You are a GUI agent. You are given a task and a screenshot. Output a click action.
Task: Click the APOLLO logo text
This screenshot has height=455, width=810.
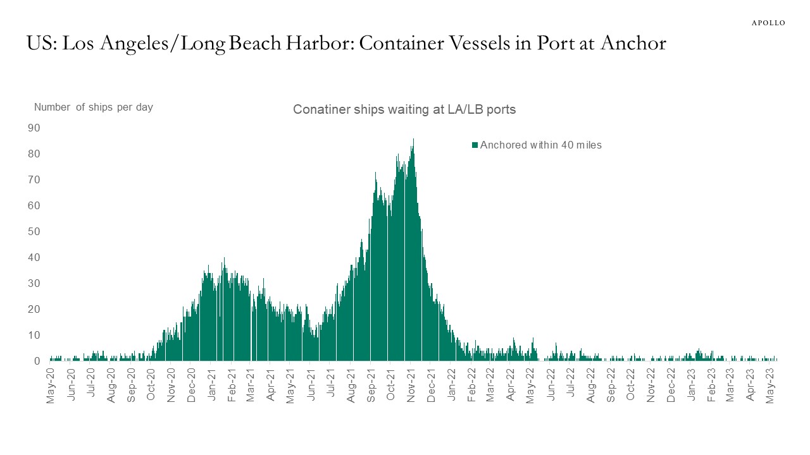(768, 23)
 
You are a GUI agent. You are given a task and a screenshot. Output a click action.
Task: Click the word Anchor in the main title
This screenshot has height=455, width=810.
(633, 43)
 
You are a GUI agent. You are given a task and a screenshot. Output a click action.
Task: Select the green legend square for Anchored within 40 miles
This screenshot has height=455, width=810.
(475, 145)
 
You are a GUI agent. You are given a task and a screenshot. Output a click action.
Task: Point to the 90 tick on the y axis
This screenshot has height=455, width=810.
(34, 128)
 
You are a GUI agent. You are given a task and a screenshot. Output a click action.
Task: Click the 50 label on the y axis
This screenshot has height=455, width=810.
(34, 231)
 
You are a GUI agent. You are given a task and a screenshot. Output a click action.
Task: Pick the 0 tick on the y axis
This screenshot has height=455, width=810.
(37, 361)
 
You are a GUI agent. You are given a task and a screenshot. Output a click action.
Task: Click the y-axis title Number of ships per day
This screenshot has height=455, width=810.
(93, 107)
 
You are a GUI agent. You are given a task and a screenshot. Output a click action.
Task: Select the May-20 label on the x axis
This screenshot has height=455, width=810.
(51, 385)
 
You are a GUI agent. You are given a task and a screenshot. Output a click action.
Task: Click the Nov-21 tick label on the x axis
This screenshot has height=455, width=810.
(411, 385)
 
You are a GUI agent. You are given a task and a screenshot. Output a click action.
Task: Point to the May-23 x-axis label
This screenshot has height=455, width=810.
(770, 385)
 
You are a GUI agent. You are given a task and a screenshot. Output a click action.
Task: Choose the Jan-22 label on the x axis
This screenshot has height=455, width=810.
(451, 385)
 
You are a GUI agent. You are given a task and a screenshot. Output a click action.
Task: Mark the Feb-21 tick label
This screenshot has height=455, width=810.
(231, 385)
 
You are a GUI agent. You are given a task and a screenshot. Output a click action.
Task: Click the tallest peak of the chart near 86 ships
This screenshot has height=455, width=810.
(413, 140)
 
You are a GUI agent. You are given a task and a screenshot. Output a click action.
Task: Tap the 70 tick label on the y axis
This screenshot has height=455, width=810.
(34, 180)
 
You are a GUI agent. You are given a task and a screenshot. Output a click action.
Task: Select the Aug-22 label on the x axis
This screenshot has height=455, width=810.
(590, 385)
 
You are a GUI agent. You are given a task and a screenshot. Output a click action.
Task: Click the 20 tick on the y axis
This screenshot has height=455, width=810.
(34, 310)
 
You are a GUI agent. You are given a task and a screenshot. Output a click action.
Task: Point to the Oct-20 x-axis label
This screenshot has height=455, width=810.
(151, 385)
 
